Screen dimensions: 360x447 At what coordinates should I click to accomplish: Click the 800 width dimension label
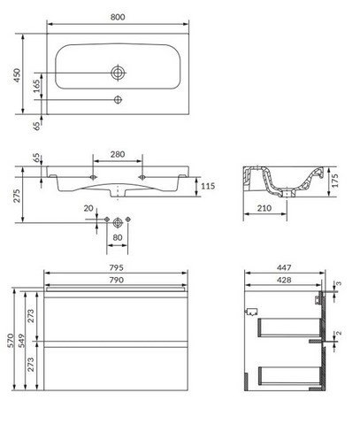coord(118,17)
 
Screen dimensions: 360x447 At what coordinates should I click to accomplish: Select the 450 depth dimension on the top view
coord(17,75)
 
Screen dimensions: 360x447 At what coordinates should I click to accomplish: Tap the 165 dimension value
coord(36,86)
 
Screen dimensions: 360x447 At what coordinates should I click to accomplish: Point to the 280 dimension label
coord(118,154)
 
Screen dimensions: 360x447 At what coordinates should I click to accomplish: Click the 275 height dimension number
coord(17,196)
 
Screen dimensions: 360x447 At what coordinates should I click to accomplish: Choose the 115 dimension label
coord(208,186)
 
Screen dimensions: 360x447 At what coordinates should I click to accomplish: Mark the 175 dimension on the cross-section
coord(334,181)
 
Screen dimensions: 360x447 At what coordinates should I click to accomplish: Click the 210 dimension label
coord(264,208)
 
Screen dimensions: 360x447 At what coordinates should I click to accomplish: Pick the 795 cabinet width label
coord(117,267)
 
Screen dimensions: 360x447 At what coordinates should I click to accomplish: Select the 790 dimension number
coord(117,280)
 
